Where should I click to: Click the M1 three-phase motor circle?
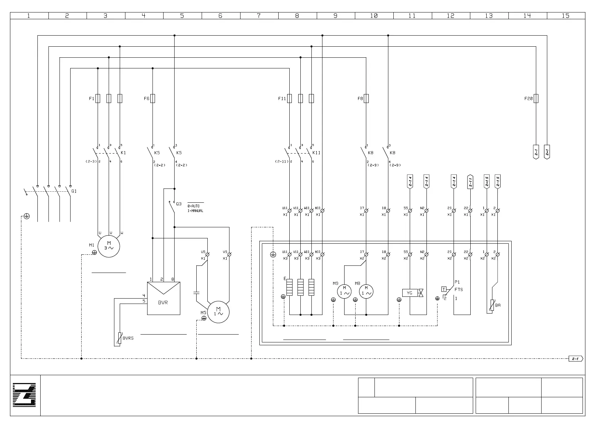coord(109,246)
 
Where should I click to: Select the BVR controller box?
coord(164,298)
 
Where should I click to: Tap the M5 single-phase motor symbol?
coord(218,312)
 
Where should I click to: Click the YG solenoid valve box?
coord(410,293)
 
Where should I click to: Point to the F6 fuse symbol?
coord(152,98)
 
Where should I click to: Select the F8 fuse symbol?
coord(366,98)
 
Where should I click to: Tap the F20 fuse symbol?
coord(536,98)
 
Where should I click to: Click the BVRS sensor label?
coord(128,338)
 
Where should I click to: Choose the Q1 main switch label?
coord(74,191)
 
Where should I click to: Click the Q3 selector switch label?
coord(179,204)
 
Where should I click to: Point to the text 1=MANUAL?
coord(195,211)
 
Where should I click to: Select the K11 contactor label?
coord(316,153)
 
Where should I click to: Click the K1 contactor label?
coord(124,153)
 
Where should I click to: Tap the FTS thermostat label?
coord(459,290)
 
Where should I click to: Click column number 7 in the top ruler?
coord(259,16)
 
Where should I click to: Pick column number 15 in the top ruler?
coord(565,16)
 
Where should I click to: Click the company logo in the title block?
coord(25,395)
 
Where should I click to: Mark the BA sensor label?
coord(498,305)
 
